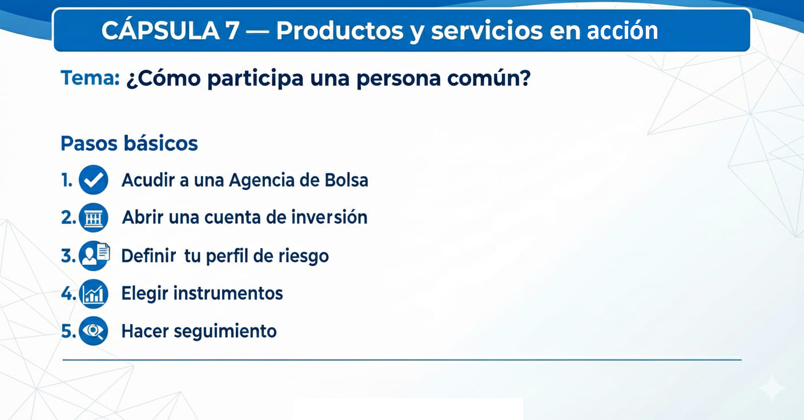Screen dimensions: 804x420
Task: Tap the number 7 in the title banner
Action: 232,31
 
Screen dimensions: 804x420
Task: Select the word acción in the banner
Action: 622,31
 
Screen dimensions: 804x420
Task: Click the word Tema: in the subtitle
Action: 90,78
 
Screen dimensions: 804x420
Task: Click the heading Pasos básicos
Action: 129,143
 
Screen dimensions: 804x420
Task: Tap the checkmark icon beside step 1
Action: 93,180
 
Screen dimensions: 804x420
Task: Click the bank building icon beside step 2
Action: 93,218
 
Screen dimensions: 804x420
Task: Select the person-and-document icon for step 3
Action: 94,256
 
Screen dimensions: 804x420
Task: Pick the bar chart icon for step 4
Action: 93,294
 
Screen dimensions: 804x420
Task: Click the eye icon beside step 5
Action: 93,331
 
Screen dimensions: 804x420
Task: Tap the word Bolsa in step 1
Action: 347,180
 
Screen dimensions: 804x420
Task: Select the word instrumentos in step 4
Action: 228,293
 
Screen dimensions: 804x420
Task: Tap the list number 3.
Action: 68,256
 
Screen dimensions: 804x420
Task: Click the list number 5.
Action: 68,332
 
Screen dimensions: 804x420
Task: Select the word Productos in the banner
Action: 340,31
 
